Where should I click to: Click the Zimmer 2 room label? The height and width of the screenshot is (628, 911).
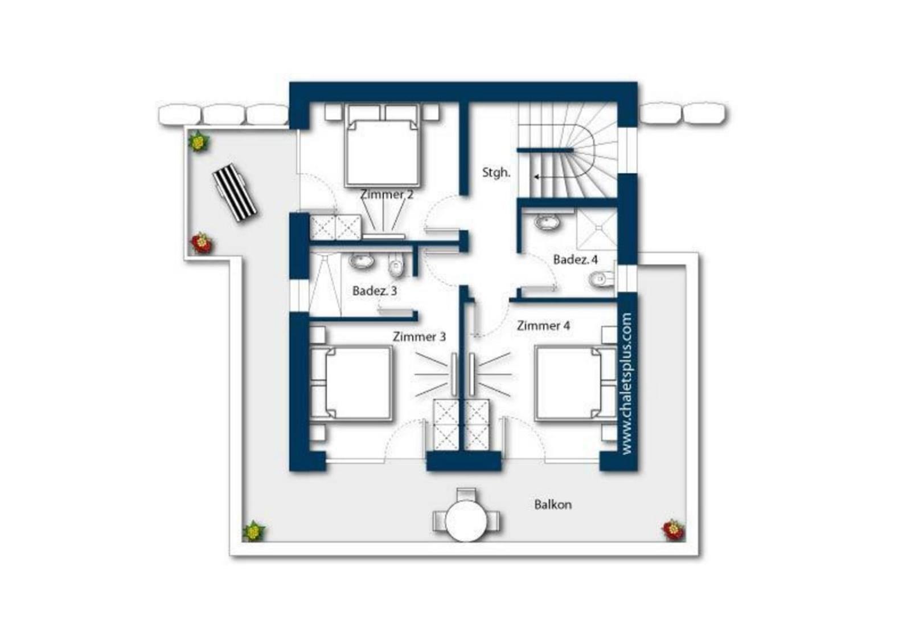[x=387, y=194]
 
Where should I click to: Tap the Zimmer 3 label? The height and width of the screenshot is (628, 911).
[x=419, y=337]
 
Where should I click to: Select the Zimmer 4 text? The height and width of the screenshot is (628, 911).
[x=543, y=325]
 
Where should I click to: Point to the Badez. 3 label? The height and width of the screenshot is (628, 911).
[x=375, y=291]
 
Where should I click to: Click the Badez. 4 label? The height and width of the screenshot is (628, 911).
[x=576, y=259]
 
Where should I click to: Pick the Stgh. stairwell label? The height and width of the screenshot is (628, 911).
[x=496, y=172]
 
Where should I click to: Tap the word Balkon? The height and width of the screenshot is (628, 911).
[x=553, y=505]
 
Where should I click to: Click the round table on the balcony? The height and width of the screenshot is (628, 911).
[x=466, y=520]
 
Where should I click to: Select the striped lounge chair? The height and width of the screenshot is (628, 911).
[x=235, y=193]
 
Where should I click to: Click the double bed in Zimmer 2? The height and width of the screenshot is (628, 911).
[x=382, y=146]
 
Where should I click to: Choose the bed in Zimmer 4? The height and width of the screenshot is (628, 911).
[x=575, y=383]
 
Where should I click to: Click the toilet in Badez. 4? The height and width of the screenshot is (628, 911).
[x=601, y=279]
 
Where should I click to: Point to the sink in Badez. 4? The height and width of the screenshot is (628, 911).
[x=547, y=223]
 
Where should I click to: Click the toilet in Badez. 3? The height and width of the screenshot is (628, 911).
[x=396, y=266]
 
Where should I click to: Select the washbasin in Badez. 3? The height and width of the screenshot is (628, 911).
[x=362, y=260]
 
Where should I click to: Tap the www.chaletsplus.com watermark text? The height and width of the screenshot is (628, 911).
[x=626, y=384]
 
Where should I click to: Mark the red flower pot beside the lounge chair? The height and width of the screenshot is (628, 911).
[x=202, y=243]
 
